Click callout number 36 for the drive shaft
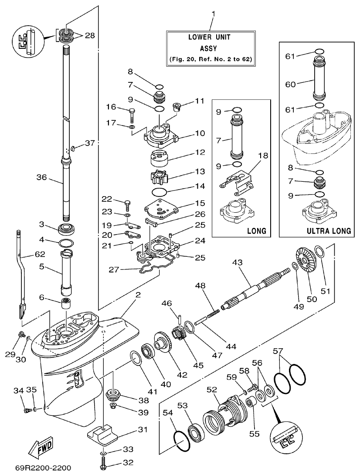41,177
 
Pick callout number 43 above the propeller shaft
238,264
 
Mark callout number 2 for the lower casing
138,295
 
